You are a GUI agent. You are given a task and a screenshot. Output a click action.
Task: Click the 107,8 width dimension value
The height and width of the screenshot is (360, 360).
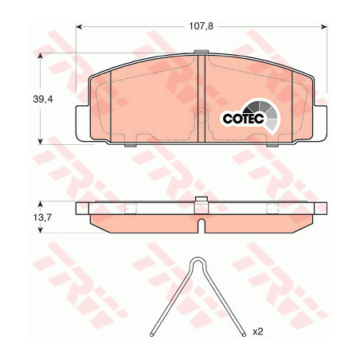point(201,26)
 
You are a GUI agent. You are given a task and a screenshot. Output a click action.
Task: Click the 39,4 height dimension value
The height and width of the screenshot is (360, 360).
point(43,100)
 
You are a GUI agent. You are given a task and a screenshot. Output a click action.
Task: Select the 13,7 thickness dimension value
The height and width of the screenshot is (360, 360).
point(42,217)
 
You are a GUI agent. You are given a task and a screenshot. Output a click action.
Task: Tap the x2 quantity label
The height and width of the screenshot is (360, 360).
point(257,331)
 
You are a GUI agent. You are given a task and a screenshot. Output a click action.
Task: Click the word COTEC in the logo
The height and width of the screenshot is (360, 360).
point(243,119)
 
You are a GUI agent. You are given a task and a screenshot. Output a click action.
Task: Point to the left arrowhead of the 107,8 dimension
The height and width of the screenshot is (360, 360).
point(79,26)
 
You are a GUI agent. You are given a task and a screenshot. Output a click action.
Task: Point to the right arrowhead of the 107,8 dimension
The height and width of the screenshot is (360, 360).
point(324,26)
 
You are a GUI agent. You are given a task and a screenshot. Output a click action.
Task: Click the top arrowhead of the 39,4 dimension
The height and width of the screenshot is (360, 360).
point(41,56)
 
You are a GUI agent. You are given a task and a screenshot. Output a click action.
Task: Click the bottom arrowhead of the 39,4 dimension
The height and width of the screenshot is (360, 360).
point(41,142)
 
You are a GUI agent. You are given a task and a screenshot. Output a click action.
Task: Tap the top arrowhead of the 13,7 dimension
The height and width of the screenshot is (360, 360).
point(41,204)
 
